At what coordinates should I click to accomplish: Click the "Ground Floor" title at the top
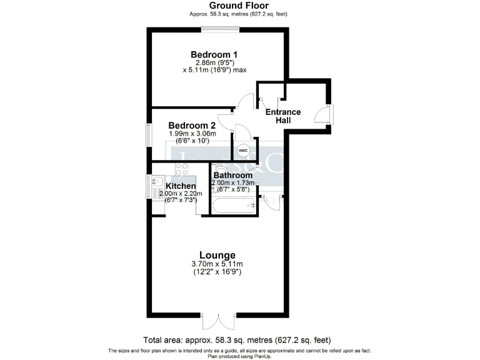239,6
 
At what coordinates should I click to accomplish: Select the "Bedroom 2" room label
192,125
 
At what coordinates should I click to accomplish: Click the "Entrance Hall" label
283,116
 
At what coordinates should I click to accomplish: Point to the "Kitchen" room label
181,186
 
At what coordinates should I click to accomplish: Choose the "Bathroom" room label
234,176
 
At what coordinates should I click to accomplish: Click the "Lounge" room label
217,255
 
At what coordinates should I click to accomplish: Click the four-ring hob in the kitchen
181,169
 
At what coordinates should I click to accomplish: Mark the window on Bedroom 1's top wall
217,29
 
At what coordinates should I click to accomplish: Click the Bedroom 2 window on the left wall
149,134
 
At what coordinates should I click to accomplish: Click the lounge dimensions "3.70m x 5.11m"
217,264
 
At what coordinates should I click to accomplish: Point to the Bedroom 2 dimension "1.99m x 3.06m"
192,134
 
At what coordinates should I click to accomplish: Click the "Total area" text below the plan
239,341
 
